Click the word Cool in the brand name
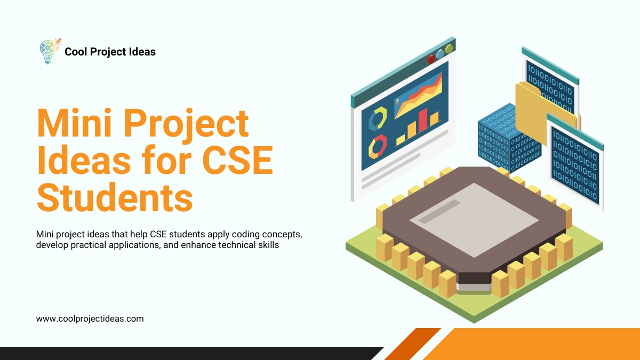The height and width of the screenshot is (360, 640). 75,52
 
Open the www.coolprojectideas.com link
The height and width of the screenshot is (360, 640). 90,318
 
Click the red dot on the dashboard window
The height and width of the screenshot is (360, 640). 431,59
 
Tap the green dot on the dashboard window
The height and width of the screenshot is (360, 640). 449,49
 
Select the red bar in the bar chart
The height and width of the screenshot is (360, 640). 423,121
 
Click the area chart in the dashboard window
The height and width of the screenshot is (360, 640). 419,96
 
